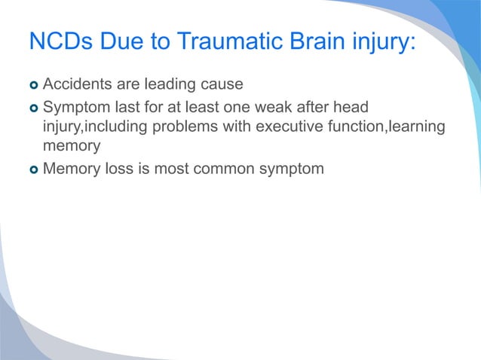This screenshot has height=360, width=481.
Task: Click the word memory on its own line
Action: click(72, 146)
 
